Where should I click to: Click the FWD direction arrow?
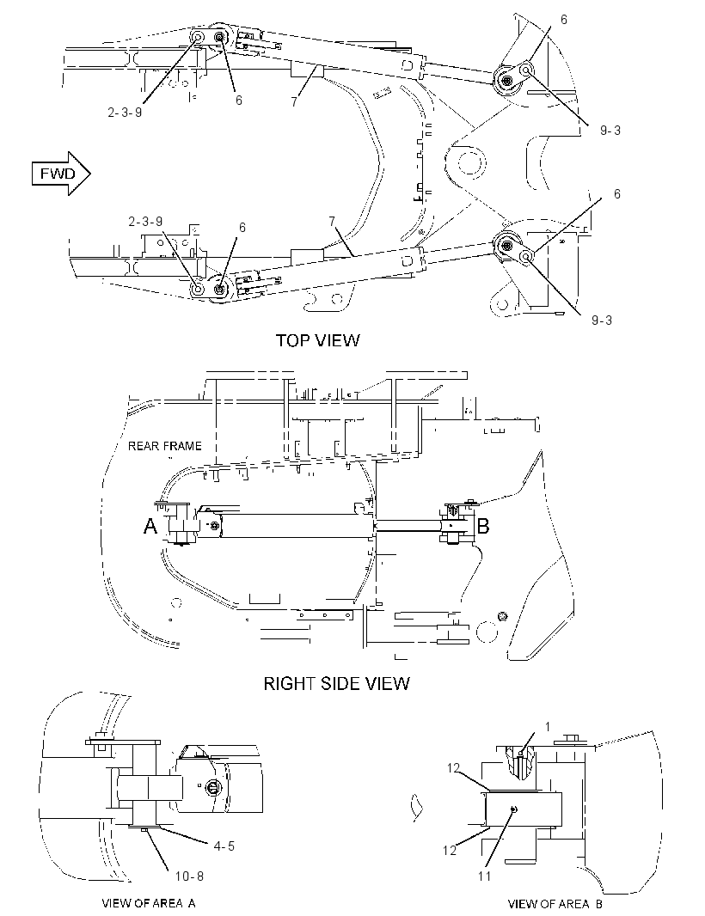(61, 174)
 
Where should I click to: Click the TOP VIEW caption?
(317, 340)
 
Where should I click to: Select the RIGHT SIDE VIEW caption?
(337, 683)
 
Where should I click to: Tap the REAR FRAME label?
(165, 446)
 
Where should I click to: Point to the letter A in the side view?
(150, 527)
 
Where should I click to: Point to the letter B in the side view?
(483, 527)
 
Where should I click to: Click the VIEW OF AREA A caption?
(149, 903)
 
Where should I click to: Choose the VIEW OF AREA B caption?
(555, 904)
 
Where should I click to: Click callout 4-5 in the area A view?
(224, 846)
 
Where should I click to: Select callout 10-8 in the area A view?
(189, 876)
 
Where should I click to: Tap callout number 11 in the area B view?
(485, 876)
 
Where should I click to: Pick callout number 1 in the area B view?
(548, 727)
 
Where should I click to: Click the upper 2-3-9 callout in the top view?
(125, 113)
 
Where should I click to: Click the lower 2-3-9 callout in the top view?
(145, 222)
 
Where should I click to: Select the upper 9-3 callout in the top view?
(610, 131)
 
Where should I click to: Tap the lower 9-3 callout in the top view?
(602, 321)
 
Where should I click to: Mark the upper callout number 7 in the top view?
(294, 101)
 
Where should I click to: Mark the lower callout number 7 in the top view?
(332, 222)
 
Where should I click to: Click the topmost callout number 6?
(563, 19)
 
